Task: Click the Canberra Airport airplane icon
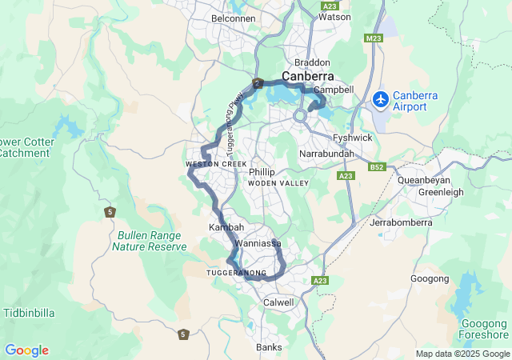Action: pos(381,100)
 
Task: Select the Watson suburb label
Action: pos(334,16)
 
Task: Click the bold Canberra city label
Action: pos(308,76)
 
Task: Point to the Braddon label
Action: pos(312,62)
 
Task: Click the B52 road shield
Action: pos(378,167)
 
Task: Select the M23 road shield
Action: pos(373,38)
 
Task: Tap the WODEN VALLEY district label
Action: pos(278,184)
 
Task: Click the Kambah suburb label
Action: pos(226,228)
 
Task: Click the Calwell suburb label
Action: pos(278,302)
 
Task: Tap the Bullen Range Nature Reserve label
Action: pos(150,241)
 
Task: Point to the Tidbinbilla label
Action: pos(30,312)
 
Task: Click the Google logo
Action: pos(26,350)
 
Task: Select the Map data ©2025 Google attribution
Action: pos(462,354)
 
